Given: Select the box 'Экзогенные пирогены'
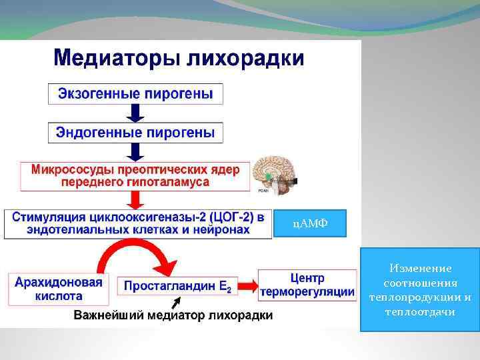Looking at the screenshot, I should point(135,93).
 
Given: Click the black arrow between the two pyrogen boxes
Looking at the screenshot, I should point(135,112).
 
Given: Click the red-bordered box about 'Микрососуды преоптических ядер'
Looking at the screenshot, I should point(135,175).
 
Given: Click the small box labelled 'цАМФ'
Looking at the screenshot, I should point(309,223).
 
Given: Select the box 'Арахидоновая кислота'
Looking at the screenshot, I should point(59,289).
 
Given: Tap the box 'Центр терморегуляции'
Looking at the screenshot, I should point(307,285).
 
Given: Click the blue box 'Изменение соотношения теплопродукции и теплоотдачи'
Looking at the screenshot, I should point(419,289).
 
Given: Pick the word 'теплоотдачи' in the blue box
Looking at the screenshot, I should point(419,311).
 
